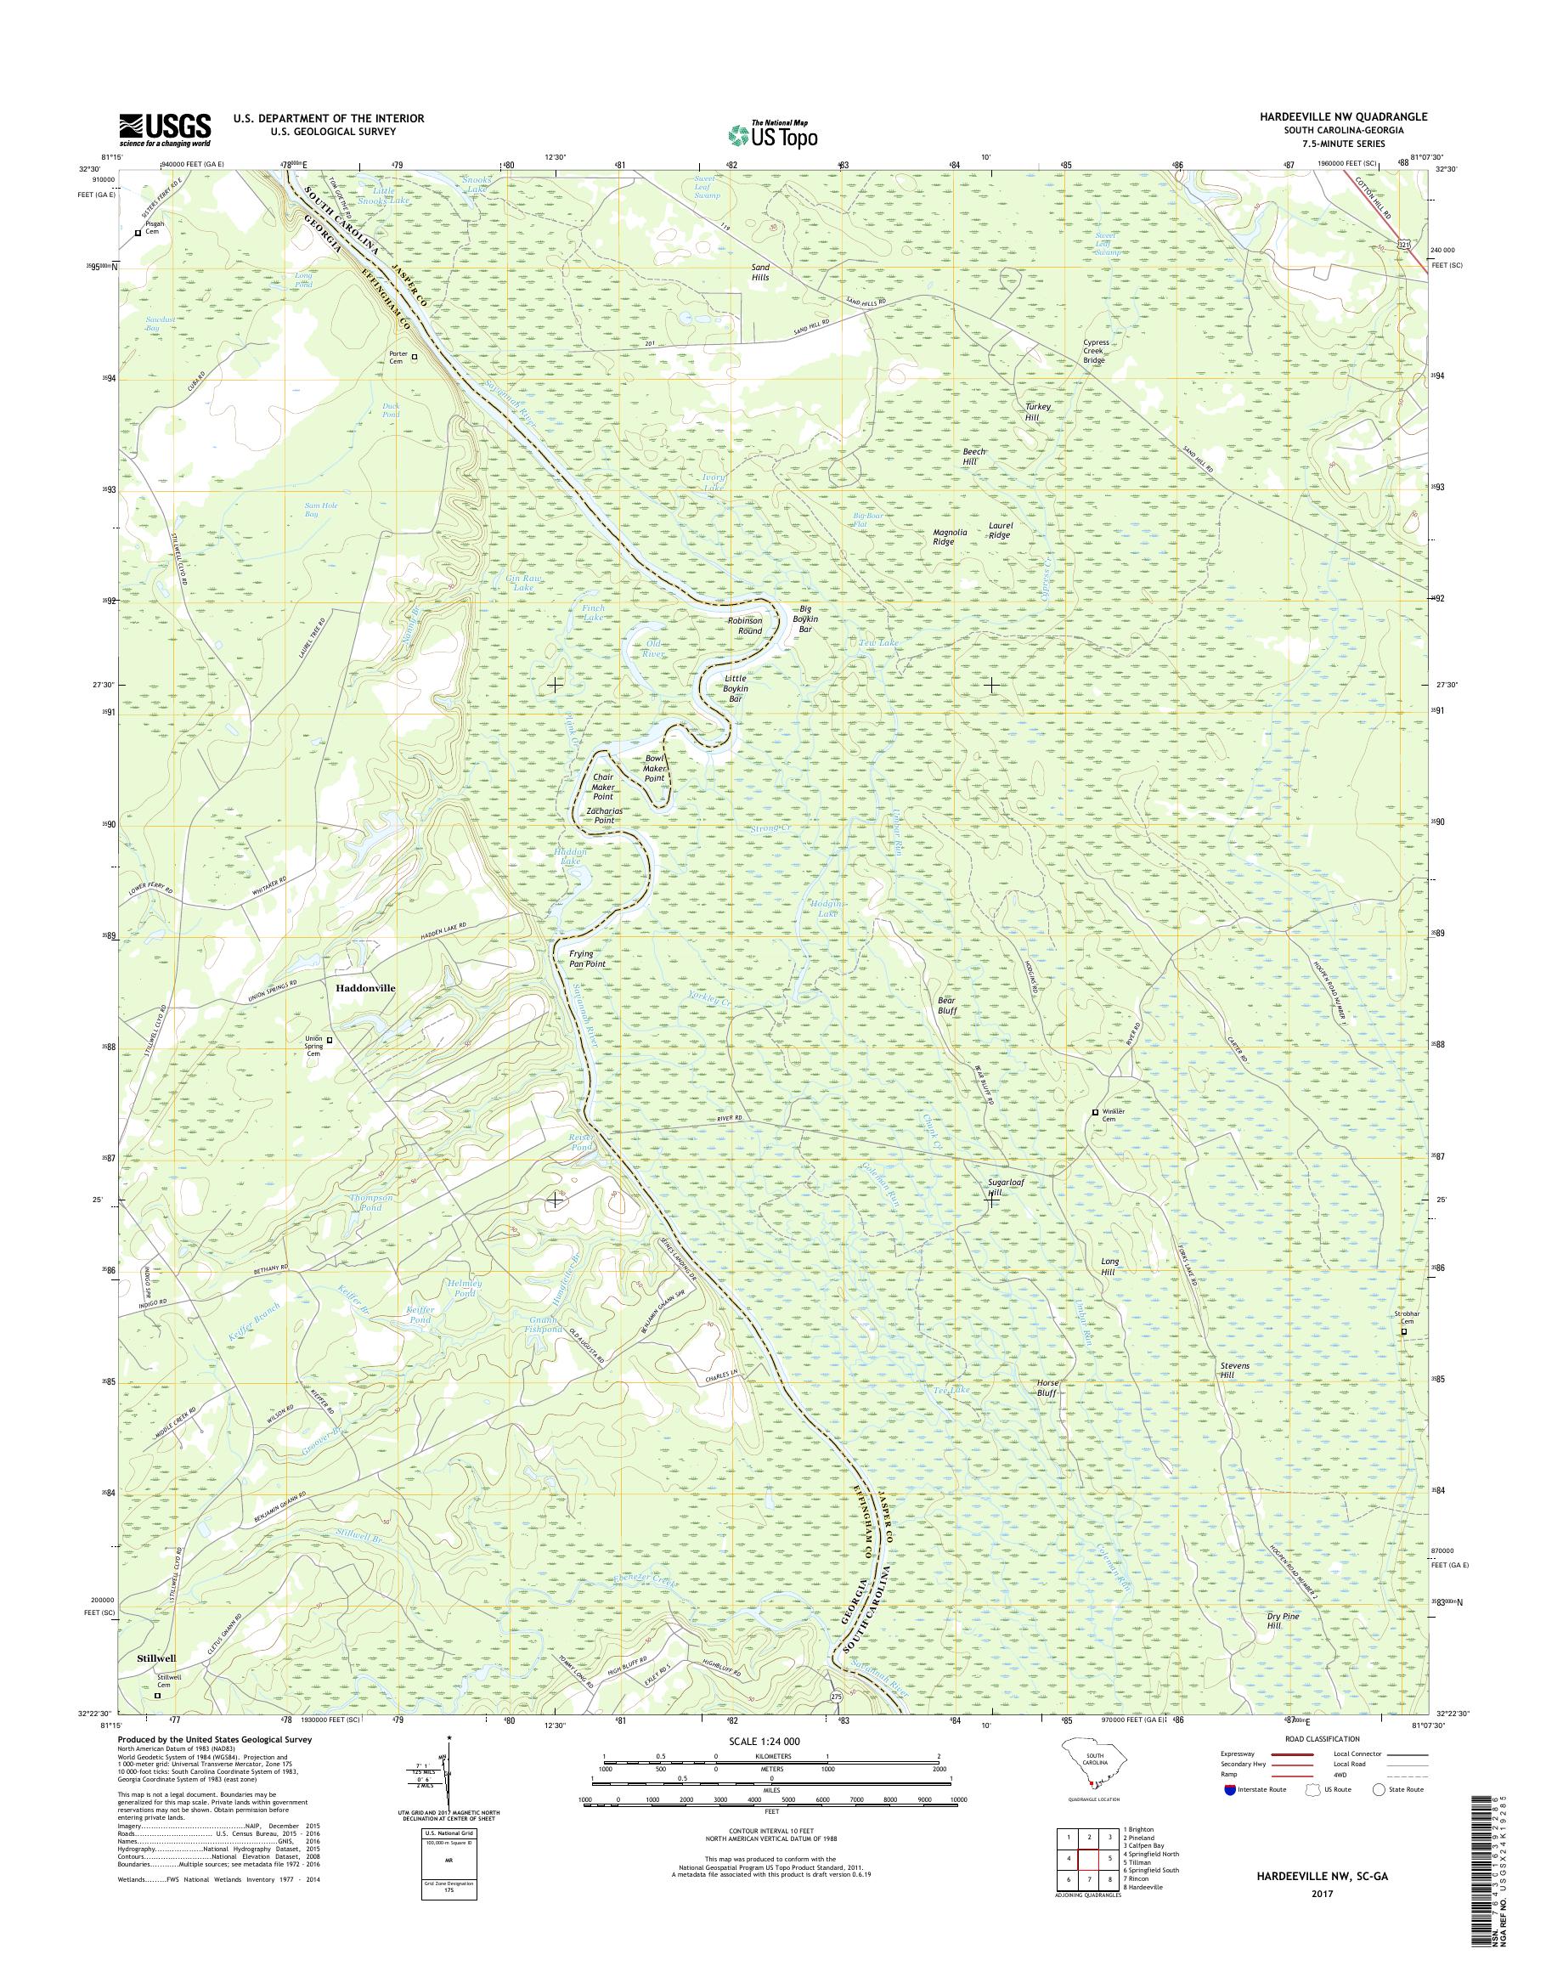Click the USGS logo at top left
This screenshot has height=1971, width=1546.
click(165, 129)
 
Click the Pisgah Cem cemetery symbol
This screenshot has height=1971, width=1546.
click(138, 233)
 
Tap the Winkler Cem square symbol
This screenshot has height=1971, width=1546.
click(1094, 1112)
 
